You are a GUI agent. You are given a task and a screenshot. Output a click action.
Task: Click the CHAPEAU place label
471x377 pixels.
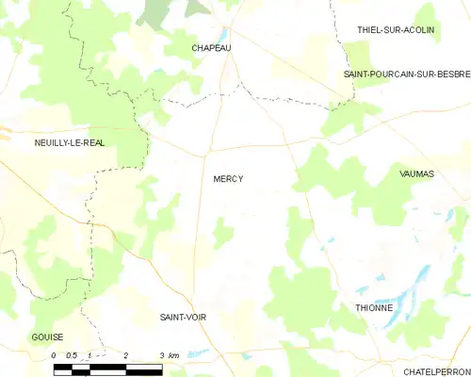(x=211, y=47)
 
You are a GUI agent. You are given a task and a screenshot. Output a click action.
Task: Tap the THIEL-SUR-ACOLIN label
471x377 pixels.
(x=396, y=30)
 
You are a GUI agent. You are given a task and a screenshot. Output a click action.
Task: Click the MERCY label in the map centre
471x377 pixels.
(x=228, y=178)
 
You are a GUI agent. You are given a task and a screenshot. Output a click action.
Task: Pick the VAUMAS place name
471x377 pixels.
(x=417, y=173)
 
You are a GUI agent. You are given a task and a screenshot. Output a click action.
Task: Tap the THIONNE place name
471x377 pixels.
(x=375, y=308)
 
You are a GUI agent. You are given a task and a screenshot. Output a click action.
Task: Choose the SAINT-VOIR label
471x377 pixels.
(x=183, y=318)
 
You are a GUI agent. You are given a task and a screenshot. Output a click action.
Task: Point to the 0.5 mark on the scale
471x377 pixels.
(x=72, y=355)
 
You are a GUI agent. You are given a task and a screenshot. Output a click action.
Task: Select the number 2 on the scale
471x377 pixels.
(x=125, y=355)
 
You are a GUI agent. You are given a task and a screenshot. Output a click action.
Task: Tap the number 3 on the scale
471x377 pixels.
(x=161, y=355)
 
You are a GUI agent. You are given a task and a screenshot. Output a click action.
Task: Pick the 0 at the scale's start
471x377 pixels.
(x=54, y=355)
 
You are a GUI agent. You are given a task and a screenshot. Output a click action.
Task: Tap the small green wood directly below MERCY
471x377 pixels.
(x=222, y=232)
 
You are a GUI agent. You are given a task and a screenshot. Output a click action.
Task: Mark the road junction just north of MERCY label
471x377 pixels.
(x=209, y=149)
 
